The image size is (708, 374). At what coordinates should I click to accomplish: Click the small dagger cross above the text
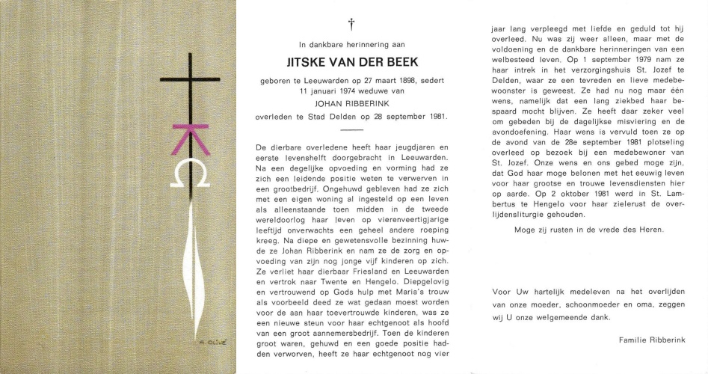pos(350,25)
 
